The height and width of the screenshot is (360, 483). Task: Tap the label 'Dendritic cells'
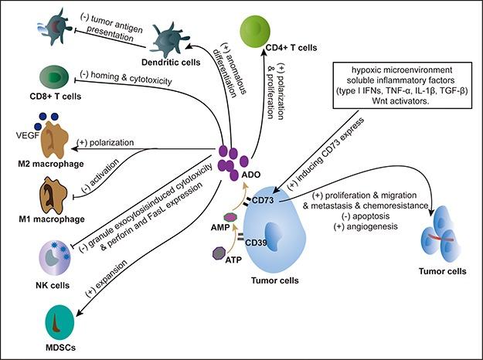[x=167, y=63]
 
